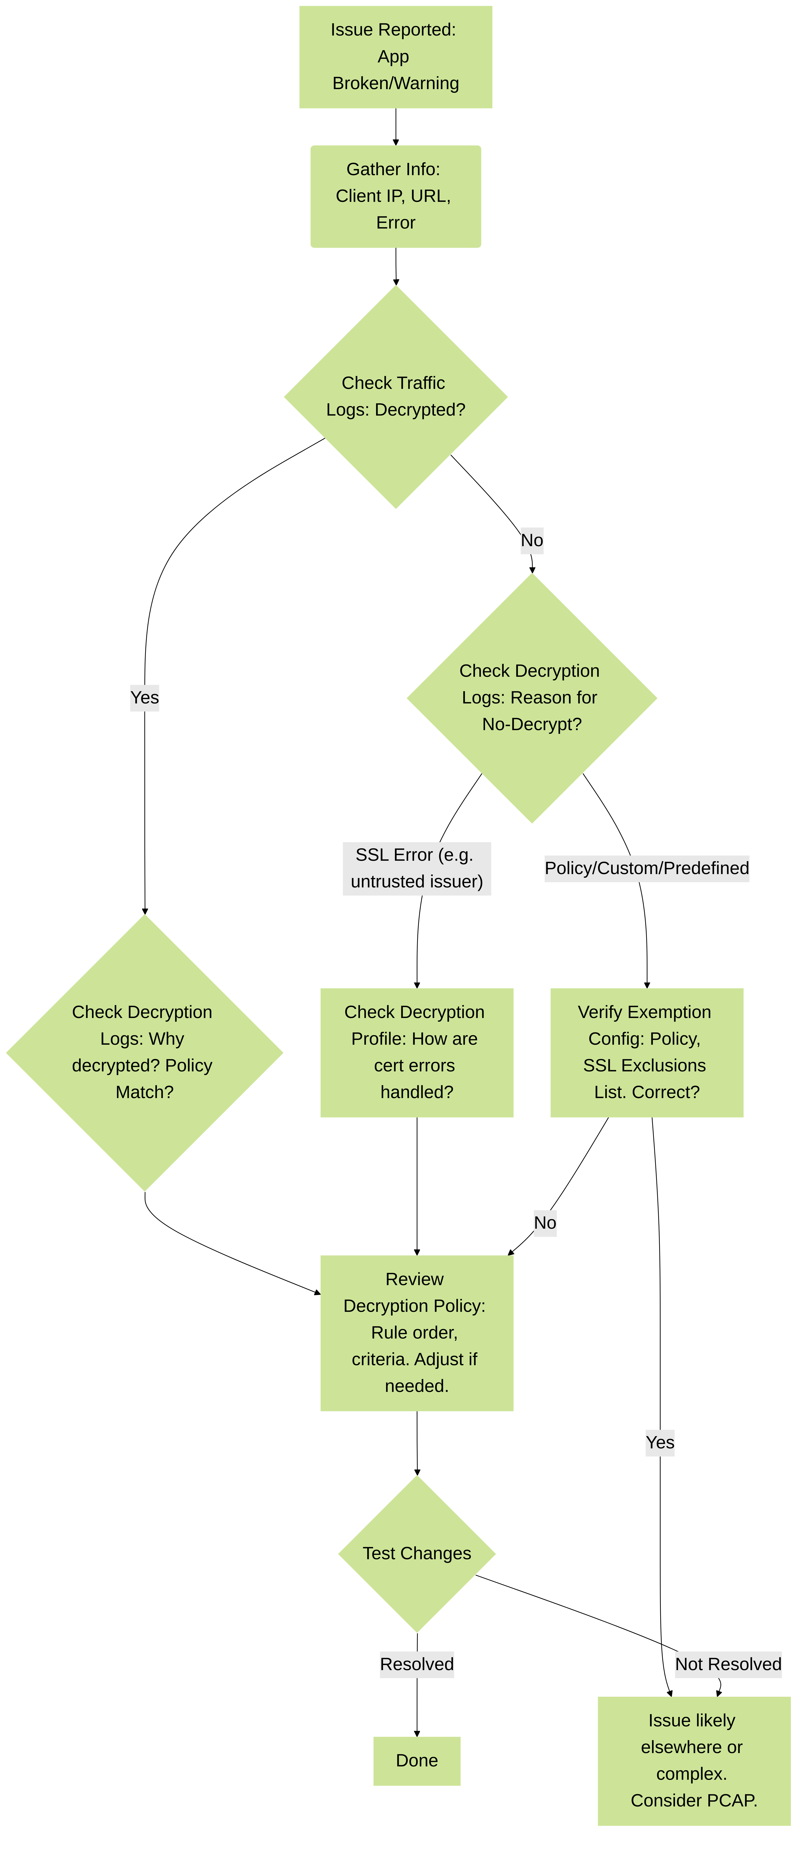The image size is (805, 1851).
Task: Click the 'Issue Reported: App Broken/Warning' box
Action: (395, 57)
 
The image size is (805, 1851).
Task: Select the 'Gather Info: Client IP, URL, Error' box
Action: (395, 196)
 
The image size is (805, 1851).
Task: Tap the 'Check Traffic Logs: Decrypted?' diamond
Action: (395, 397)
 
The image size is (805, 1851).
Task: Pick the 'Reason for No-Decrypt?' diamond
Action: (532, 698)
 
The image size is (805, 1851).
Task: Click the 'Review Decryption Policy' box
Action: (417, 1333)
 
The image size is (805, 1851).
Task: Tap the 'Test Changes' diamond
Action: (417, 1553)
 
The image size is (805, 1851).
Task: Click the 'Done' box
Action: (417, 1760)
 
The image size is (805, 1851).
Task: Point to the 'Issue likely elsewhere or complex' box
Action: (694, 1760)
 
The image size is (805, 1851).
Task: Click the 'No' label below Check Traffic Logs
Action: (532, 540)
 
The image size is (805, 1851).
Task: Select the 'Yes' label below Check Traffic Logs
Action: (145, 698)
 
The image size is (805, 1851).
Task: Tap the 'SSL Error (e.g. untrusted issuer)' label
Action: (417, 868)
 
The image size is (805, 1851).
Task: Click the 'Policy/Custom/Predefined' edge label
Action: (647, 868)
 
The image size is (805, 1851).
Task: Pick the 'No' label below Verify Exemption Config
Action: (545, 1223)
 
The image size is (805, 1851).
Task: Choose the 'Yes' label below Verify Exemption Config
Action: (660, 1443)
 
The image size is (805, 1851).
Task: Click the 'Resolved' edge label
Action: (417, 1664)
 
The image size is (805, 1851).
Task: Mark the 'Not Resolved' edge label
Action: (728, 1664)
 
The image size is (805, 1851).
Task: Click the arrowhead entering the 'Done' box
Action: (417, 1733)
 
